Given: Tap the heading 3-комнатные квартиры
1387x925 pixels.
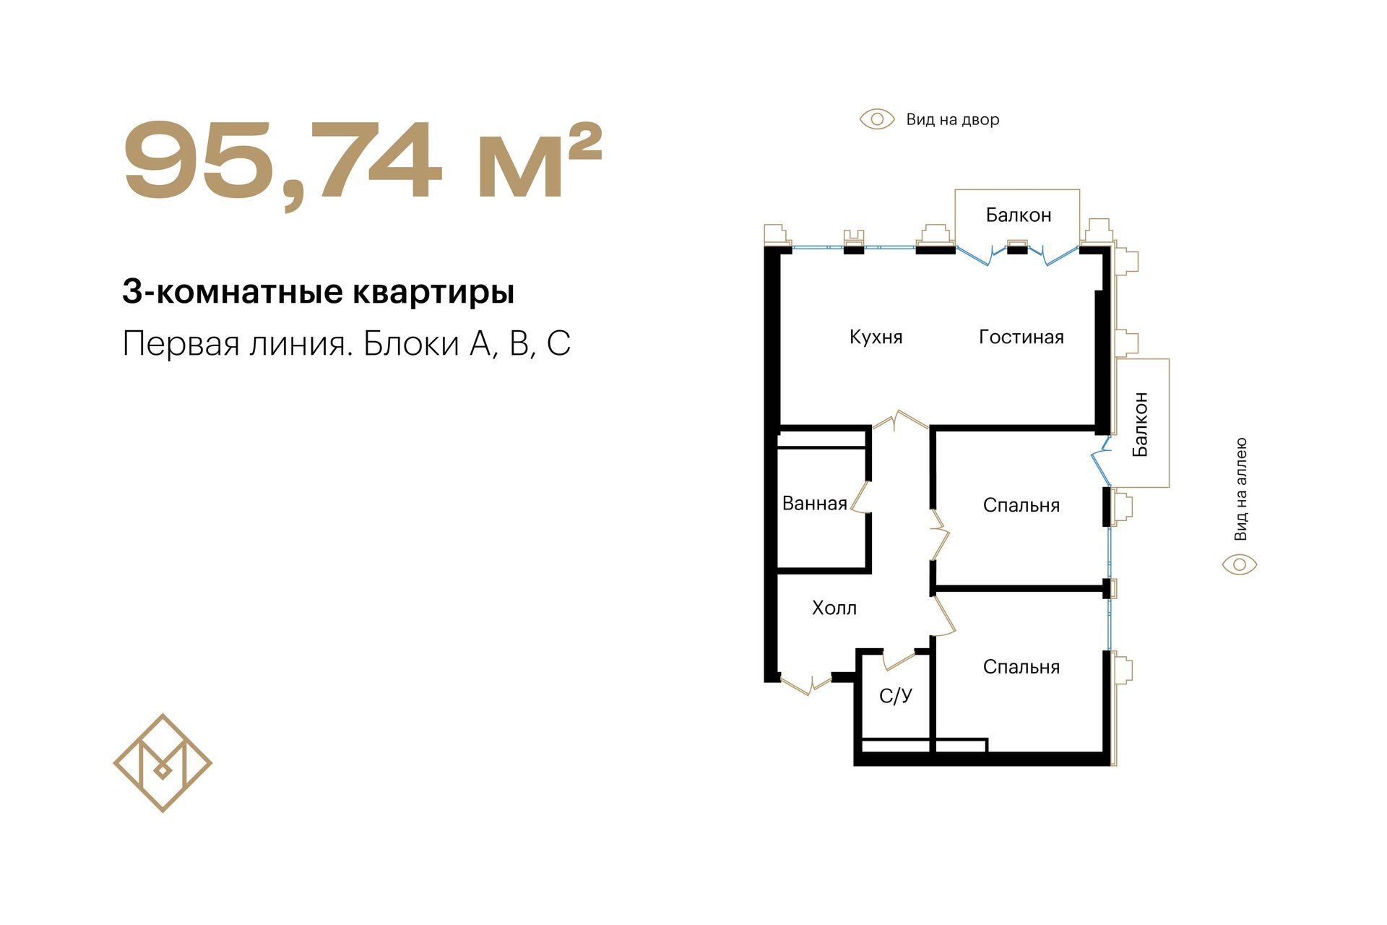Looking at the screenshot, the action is [319, 292].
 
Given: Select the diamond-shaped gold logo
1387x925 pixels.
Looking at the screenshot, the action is [163, 763].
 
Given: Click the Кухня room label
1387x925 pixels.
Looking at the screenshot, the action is [876, 337].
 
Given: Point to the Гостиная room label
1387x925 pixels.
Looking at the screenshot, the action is [1021, 337].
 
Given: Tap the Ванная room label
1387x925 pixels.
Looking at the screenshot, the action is [814, 504].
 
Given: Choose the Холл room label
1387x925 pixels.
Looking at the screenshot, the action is [834, 608].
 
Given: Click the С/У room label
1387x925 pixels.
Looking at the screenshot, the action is [896, 696].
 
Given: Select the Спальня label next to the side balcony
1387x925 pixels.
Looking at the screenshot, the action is [1021, 506].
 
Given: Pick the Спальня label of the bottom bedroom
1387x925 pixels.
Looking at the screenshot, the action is [1021, 667].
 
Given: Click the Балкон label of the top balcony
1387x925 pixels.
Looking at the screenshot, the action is [1019, 215].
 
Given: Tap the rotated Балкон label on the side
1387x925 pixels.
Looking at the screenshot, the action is [1140, 424].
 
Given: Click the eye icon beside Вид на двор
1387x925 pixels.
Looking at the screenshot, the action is [877, 119].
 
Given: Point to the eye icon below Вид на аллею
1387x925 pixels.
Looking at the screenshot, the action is [1240, 564].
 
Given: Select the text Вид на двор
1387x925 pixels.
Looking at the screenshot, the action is [953, 120].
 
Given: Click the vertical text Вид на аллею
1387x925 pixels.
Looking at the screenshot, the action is [1240, 489].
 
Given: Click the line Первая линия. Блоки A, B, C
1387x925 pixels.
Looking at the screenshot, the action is [347, 344].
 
